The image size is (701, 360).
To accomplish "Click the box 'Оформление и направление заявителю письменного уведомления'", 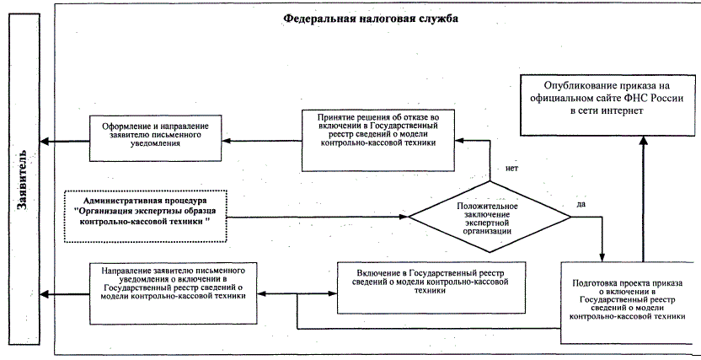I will pyautogui.click(x=158, y=138).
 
